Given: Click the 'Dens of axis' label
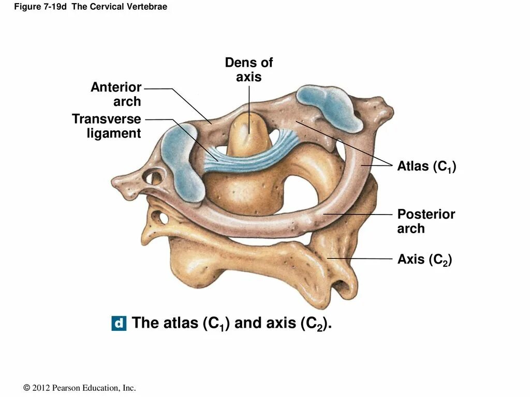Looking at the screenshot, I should click(248, 70).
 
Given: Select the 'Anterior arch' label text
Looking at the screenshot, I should click(116, 94).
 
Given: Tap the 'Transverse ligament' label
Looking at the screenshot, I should click(107, 126).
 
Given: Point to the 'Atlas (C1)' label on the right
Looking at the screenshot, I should click(426, 166).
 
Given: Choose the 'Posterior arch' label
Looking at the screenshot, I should click(426, 221).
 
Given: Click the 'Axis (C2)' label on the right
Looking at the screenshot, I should click(424, 259).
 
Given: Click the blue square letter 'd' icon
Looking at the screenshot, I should click(119, 324).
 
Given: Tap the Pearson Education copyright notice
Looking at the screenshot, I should click(80, 388).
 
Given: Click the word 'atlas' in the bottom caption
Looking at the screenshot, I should click(179, 323).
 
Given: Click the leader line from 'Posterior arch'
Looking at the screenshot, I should click(357, 214).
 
